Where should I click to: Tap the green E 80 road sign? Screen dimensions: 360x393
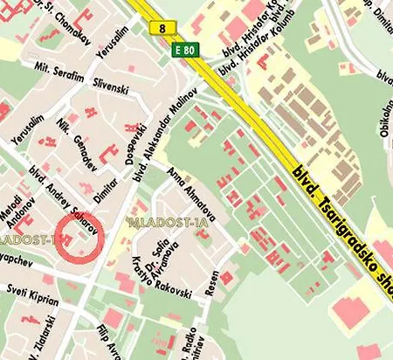click(186, 49)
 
